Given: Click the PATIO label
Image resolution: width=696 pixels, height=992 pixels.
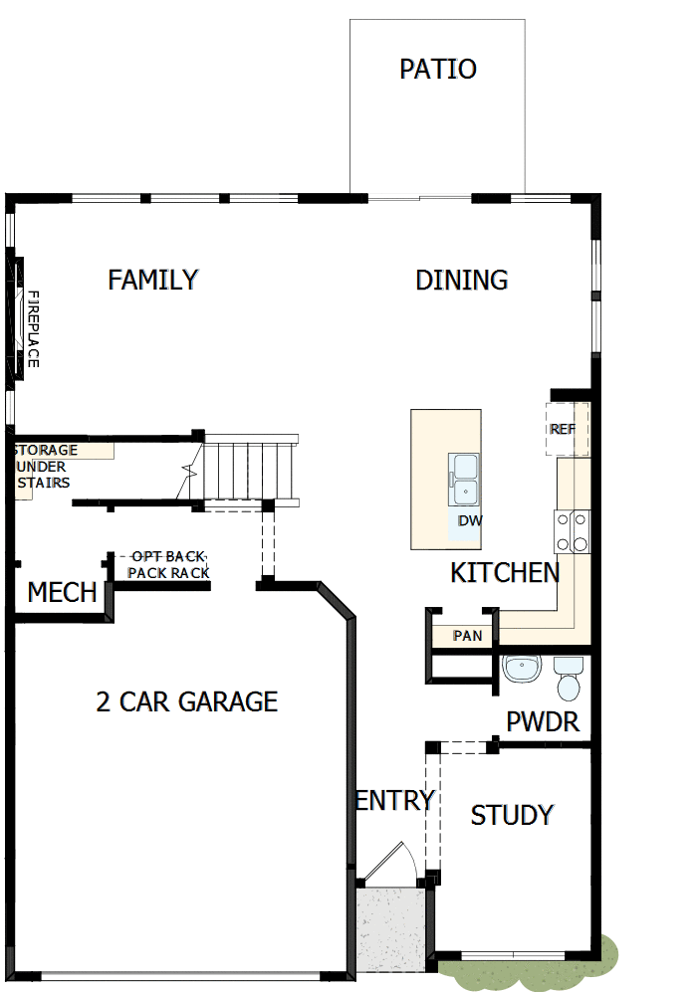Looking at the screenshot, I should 437,69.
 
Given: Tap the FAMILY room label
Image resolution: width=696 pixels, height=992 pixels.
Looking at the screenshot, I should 153,280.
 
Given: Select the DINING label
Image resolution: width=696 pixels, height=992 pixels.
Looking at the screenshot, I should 461,280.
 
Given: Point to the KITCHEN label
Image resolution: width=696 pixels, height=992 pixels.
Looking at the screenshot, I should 505,572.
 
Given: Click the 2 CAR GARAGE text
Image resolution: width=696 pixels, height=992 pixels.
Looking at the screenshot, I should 186,701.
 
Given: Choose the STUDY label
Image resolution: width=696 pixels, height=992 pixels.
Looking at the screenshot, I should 512,815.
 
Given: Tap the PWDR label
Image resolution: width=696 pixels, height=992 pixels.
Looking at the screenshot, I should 543,721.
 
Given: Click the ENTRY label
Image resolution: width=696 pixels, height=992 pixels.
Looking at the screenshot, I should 395,800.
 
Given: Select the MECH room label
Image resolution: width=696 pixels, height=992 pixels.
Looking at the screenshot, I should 62,593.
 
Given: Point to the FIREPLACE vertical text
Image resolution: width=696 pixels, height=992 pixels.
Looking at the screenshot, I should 32,329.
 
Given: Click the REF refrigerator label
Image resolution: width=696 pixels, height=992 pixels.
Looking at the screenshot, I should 563,430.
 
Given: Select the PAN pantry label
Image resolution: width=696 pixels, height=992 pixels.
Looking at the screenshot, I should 467,635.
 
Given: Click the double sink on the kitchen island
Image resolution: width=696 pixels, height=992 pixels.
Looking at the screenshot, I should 465,479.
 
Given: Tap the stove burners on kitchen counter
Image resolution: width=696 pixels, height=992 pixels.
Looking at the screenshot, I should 573,530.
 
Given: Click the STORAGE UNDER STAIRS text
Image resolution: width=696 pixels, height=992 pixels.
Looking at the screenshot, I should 44,467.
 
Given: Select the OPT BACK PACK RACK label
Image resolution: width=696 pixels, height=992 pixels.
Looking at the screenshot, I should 168,565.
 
